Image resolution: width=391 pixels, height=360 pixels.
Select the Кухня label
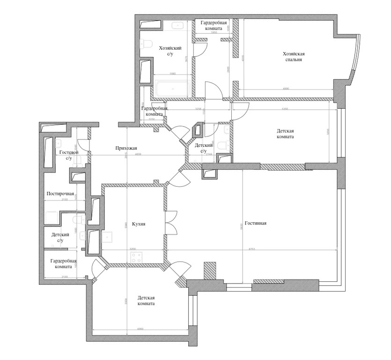(x=139, y=224)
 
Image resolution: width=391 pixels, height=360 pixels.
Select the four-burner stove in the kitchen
(x=138, y=257)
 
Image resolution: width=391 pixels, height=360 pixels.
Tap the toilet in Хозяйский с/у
(x=147, y=45)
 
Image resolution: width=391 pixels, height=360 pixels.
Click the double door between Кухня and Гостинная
(x=170, y=222)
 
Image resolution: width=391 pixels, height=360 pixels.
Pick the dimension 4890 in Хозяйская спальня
(x=285, y=89)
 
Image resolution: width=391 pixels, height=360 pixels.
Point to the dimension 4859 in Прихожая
(x=138, y=155)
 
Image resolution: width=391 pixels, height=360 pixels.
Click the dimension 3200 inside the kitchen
(x=133, y=249)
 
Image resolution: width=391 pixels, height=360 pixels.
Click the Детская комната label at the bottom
(x=146, y=300)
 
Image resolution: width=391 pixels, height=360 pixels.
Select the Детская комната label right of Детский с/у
(x=285, y=135)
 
